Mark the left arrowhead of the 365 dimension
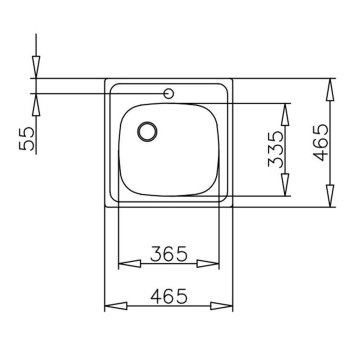pyautogui.click(x=126, y=266)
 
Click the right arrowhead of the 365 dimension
pyautogui.click(x=215, y=266)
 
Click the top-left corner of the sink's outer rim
pyautogui.click(x=107, y=81)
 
